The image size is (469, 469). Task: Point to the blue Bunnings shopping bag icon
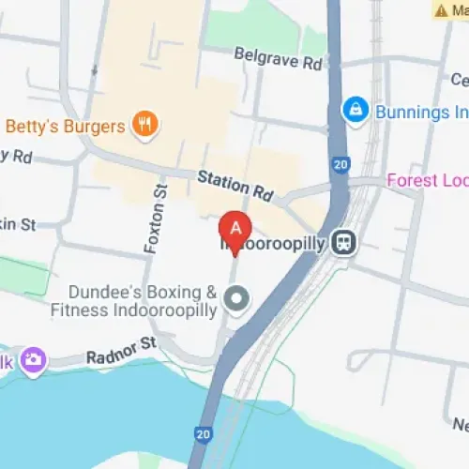click(x=356, y=111)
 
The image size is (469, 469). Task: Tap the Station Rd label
click(x=234, y=187)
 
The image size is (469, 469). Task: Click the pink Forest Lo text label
click(x=427, y=180)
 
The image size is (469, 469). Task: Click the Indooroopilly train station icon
click(x=347, y=242)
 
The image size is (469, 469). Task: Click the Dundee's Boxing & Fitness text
click(x=134, y=300)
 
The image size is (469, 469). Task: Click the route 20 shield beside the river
click(x=204, y=434)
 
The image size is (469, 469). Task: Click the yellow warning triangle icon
click(x=441, y=11)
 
